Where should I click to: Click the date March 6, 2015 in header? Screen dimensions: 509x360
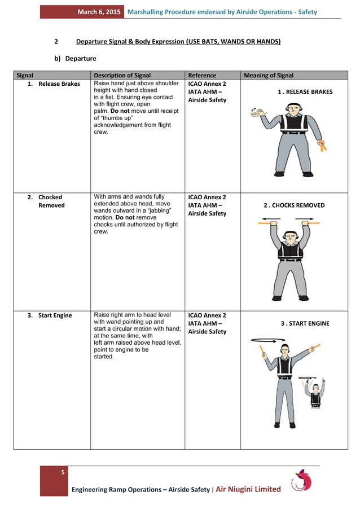coord(99,12)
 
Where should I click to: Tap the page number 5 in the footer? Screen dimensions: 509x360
coord(63,472)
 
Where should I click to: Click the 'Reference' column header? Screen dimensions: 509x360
coord(202,76)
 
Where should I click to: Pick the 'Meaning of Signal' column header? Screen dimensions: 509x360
coord(268,76)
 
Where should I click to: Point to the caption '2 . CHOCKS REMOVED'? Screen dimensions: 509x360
coord(294,205)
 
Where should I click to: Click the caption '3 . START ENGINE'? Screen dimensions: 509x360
coord(305,323)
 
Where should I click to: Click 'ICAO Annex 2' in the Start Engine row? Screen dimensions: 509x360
coord(207,315)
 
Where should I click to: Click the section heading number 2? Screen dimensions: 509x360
coord(56,42)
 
